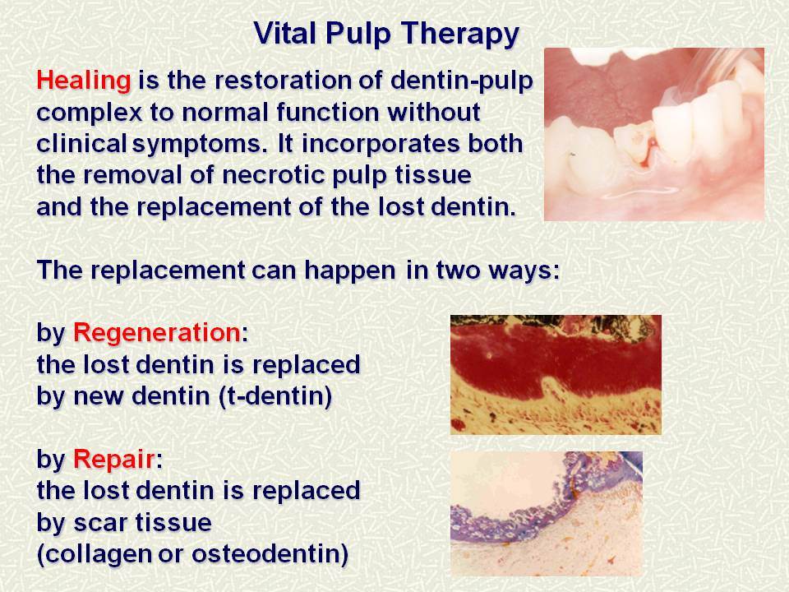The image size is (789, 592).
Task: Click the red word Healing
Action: pos(84,81)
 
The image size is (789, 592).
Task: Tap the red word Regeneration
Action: pos(157,333)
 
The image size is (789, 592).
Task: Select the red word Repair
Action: pos(114,459)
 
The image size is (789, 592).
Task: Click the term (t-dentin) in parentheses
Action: pos(276,396)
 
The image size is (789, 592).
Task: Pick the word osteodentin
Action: pos(270,554)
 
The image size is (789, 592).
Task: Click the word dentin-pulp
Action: pos(461,81)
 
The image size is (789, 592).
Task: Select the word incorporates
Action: pos(381,145)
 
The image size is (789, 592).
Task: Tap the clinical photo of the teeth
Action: pos(654,134)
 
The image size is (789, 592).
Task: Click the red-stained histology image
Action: pos(556,375)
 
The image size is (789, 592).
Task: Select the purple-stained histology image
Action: pos(547,513)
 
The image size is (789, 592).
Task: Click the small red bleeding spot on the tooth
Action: pos(653,143)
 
